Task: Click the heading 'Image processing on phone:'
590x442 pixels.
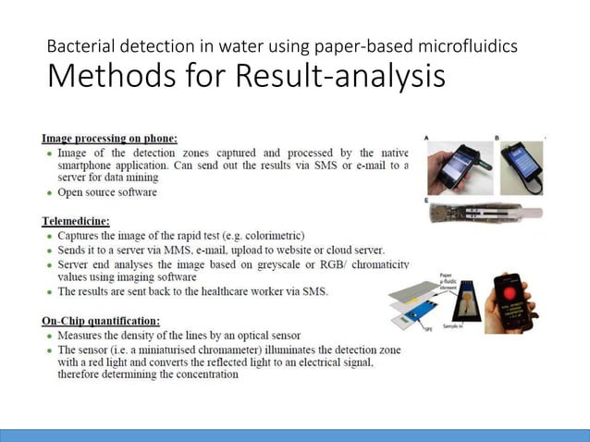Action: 109,138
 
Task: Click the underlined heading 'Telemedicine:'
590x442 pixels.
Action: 76,221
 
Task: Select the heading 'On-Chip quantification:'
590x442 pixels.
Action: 100,320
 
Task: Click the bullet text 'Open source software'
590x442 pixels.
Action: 107,192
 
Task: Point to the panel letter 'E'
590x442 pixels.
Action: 426,200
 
